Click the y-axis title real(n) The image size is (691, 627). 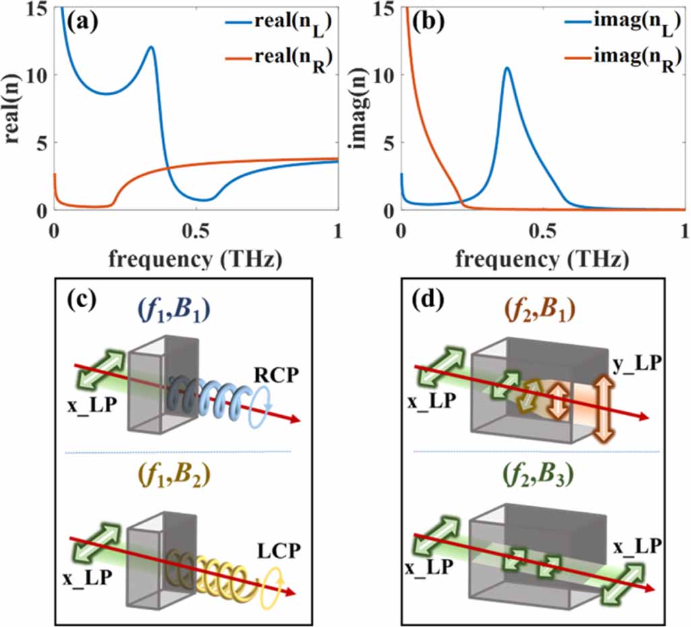point(13,108)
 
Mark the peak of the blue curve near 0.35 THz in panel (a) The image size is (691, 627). point(151,47)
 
